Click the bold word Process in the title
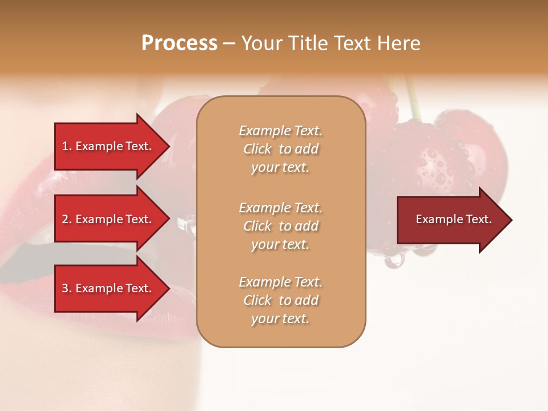[179, 43]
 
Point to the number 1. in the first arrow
[67, 146]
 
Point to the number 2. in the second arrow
[67, 219]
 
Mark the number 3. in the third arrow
[67, 288]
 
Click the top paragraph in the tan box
[280, 149]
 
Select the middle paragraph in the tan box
[280, 226]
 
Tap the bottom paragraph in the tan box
[280, 300]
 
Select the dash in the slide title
[229, 43]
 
